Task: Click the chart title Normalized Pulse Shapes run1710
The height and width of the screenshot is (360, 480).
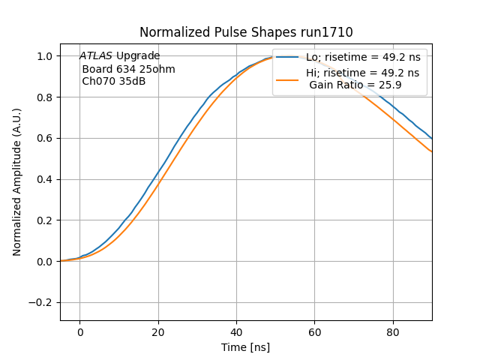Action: point(246,32)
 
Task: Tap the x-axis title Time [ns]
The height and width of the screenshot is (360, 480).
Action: point(245,347)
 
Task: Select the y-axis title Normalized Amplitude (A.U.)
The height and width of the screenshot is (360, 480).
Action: point(17,181)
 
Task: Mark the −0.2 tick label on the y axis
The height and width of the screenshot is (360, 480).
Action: point(43,302)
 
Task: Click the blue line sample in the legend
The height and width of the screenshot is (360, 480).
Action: point(289,57)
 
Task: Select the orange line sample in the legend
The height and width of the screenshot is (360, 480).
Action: point(289,79)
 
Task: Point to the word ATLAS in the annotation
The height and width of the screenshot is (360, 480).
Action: point(96,56)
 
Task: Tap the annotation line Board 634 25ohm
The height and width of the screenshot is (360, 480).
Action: point(128,69)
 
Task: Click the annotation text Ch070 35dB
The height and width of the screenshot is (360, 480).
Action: point(114,81)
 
